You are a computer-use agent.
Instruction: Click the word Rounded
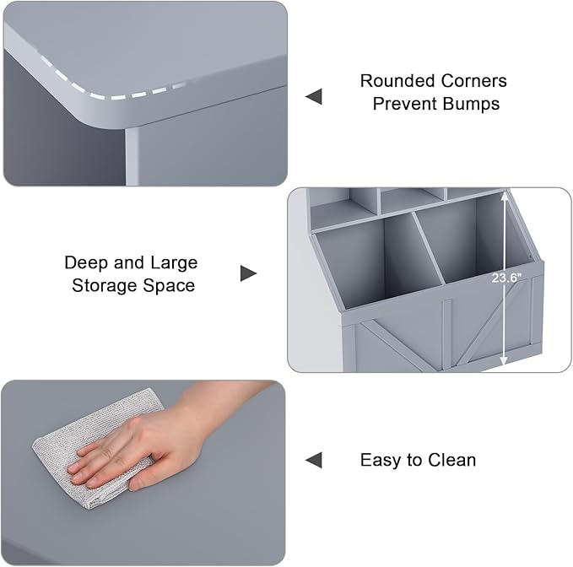click(397, 81)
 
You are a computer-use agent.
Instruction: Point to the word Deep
click(85, 263)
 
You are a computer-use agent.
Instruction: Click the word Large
click(174, 263)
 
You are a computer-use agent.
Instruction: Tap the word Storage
click(104, 286)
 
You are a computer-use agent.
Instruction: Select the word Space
click(169, 286)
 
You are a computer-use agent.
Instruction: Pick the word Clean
click(452, 460)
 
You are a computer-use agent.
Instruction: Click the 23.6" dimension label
click(506, 278)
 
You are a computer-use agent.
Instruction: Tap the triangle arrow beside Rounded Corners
click(314, 96)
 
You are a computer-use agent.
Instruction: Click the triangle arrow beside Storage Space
click(248, 273)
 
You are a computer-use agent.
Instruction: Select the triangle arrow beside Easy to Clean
click(314, 460)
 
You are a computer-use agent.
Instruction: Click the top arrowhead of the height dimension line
click(505, 197)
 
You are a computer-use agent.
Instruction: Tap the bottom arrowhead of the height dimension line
click(504, 360)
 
